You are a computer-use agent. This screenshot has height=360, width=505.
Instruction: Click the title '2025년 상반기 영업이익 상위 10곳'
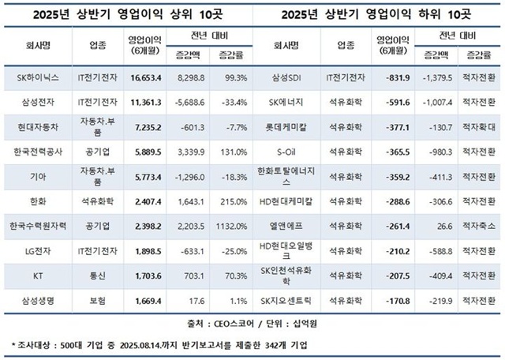tap(127, 13)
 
